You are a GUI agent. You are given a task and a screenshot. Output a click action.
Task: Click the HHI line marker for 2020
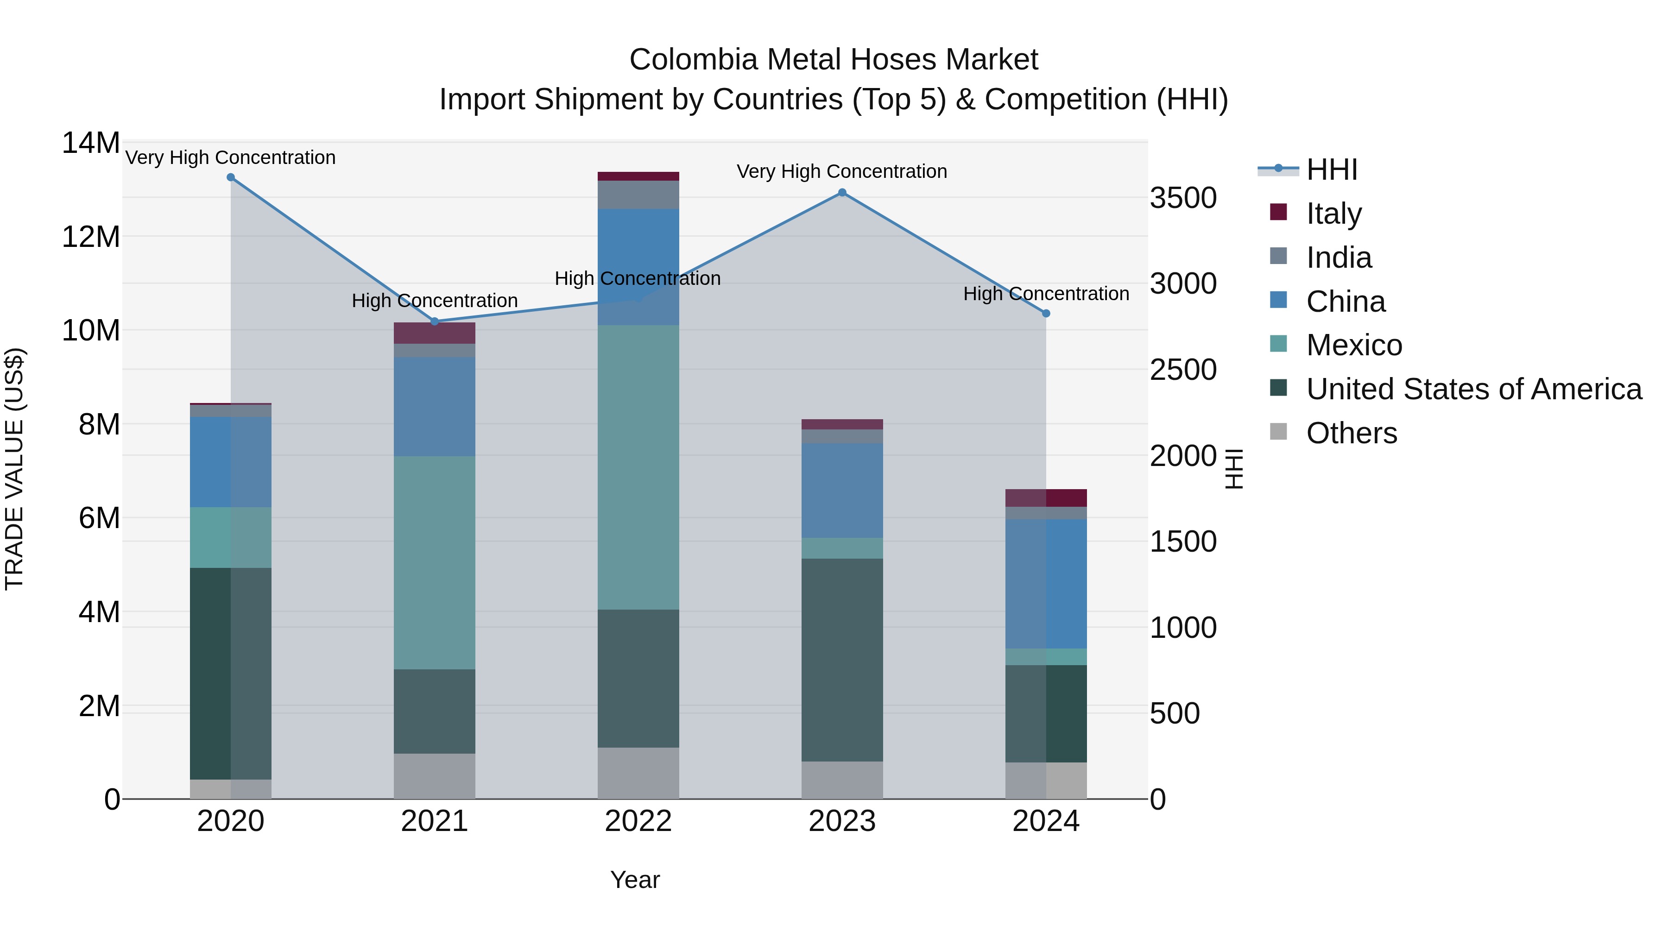tap(231, 177)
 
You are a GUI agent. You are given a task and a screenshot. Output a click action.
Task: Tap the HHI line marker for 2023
tap(842, 192)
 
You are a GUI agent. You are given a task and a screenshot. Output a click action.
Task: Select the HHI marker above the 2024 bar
tap(1046, 313)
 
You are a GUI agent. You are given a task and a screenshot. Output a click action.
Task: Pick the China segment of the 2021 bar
tap(435, 407)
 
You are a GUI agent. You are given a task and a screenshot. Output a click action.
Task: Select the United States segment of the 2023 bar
tap(842, 660)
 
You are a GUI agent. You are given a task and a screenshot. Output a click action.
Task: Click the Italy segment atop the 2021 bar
tap(435, 333)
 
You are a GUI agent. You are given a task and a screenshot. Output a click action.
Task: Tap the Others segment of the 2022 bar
tap(638, 773)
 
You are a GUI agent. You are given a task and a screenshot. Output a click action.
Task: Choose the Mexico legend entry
tap(1353, 345)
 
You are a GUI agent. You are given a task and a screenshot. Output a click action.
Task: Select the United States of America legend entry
tap(1473, 389)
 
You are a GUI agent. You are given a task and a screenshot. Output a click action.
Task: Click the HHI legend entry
tap(1331, 170)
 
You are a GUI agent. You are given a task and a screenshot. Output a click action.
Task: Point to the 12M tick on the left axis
tap(91, 237)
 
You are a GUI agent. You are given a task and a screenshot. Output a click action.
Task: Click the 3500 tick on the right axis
tap(1182, 198)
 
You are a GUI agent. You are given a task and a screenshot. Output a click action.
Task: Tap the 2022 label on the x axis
tap(638, 821)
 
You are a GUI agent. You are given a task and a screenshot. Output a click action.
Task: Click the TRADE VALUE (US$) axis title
tap(14, 469)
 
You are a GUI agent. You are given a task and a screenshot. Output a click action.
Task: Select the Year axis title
tap(635, 880)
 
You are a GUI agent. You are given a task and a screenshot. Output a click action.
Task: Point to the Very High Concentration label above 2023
tap(842, 171)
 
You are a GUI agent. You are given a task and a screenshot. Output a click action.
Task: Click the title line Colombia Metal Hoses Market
tap(834, 60)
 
